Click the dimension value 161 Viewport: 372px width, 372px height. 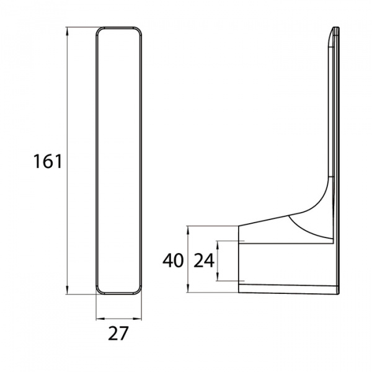48,161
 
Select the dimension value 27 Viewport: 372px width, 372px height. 118,334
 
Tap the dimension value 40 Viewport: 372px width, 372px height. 173,260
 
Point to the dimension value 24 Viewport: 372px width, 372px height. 204,260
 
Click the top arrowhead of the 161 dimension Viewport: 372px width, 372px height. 67,32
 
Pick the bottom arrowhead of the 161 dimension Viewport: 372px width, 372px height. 67,290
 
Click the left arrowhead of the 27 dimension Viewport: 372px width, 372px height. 100,319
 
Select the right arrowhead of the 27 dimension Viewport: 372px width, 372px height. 137,319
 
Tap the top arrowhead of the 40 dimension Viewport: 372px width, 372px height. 188,231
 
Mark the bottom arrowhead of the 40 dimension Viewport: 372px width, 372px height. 188,288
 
